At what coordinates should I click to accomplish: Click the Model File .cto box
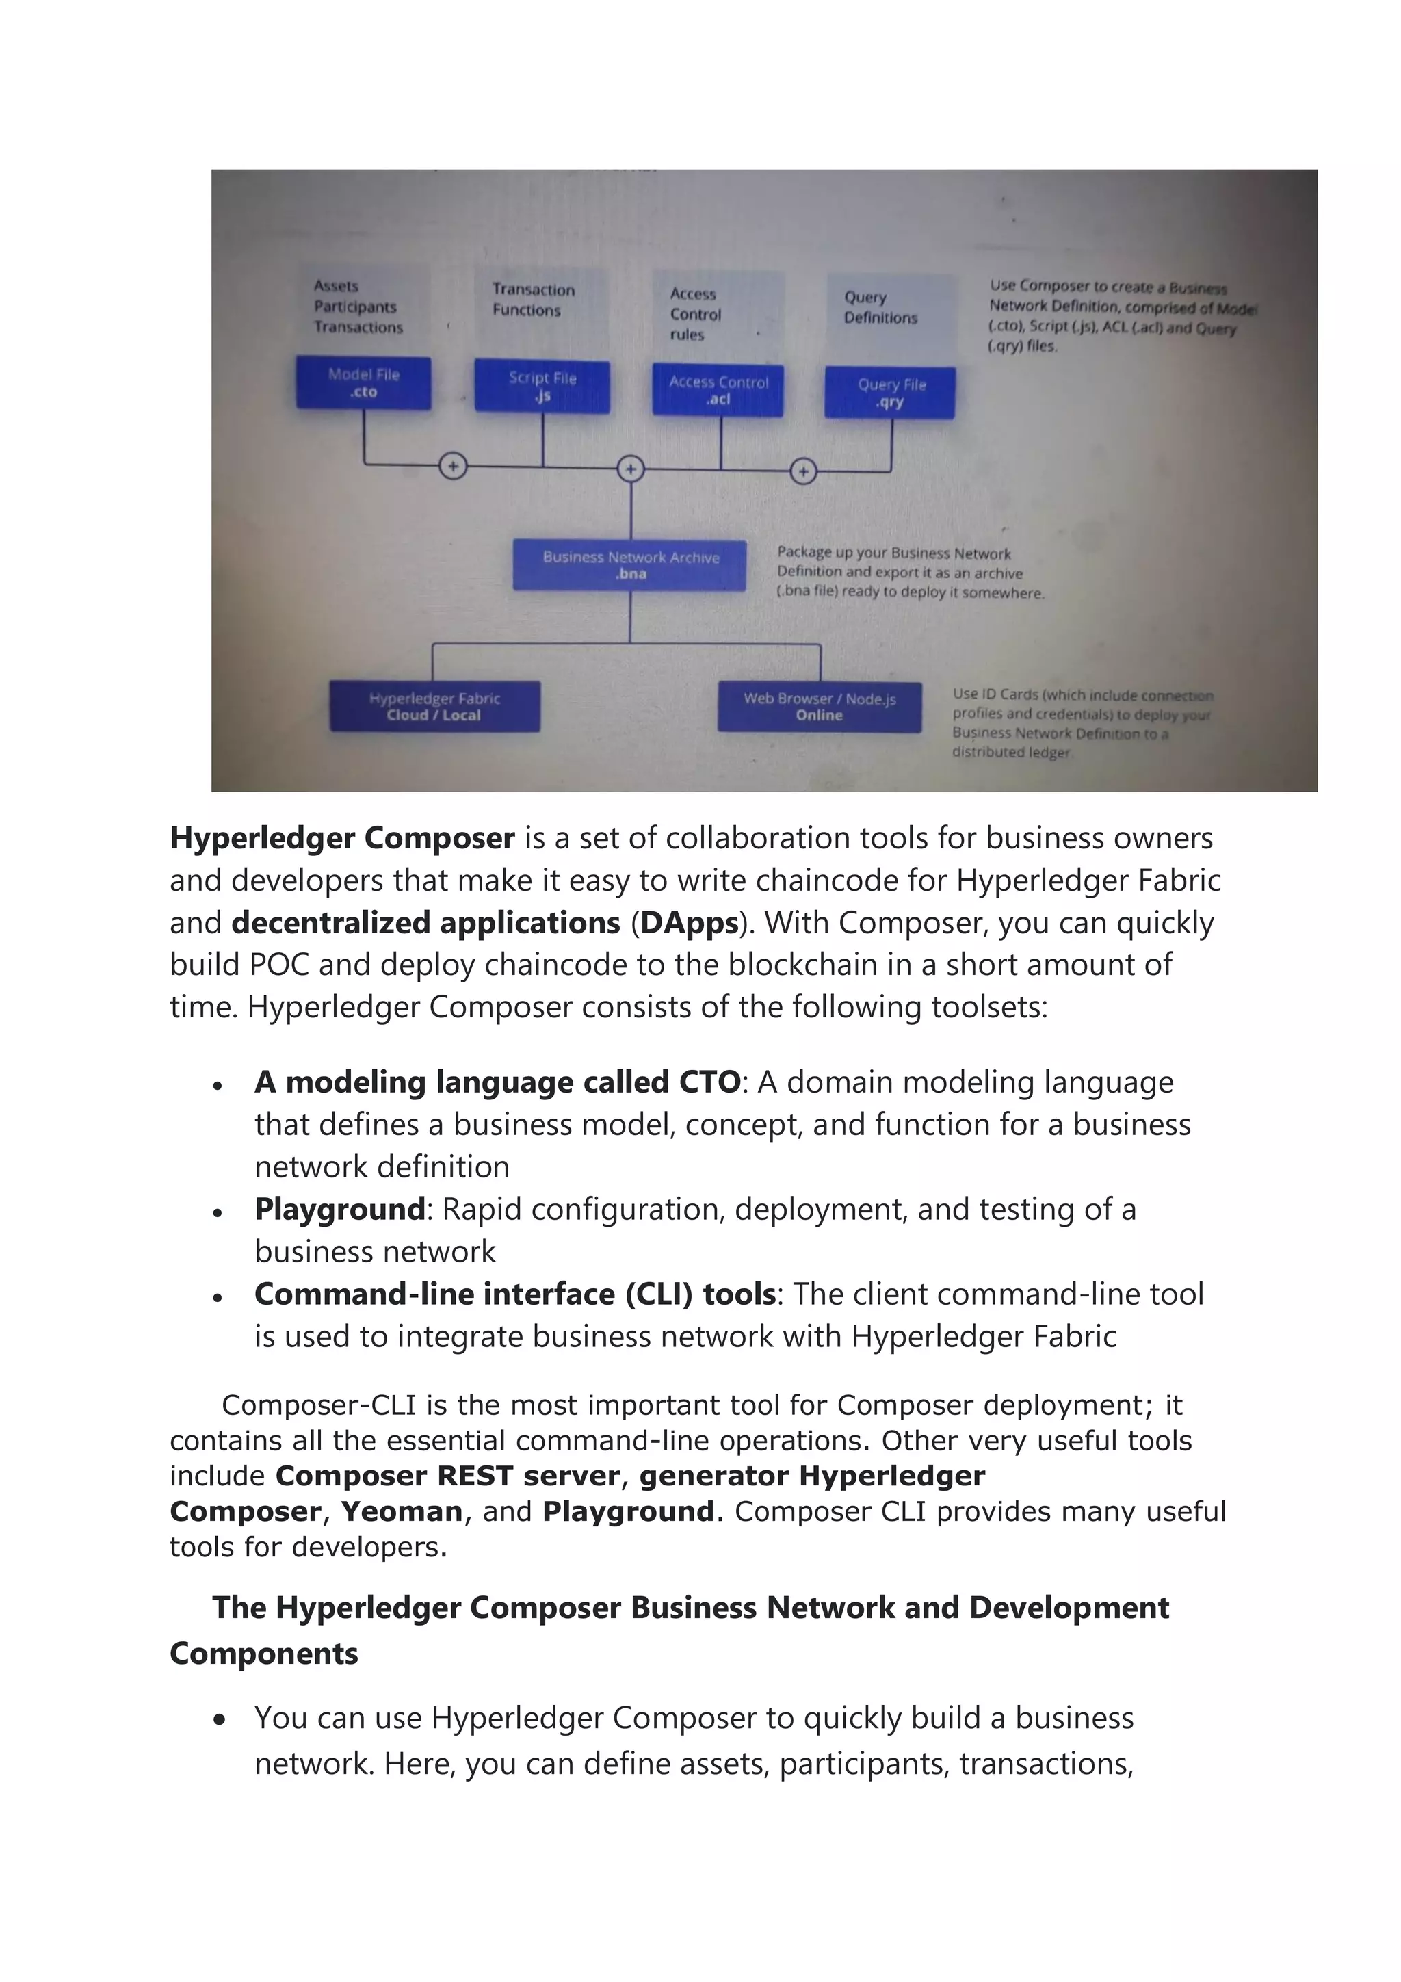[363, 382]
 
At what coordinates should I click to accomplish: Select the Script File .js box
[542, 387]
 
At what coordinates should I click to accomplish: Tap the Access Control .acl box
[718, 390]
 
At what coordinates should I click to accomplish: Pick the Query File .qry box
[890, 393]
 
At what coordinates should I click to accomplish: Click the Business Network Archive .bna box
[630, 565]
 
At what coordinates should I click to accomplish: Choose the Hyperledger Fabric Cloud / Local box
[434, 706]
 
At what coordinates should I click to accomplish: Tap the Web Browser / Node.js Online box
[820, 706]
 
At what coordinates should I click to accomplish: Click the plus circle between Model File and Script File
[453, 466]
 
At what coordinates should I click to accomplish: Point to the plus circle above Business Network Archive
[631, 469]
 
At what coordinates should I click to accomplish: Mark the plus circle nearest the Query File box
[804, 471]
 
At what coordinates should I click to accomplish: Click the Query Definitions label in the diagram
[880, 307]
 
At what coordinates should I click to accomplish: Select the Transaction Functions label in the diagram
[533, 300]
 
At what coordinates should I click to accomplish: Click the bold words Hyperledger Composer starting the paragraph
[342, 838]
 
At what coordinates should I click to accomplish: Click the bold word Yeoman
[402, 1511]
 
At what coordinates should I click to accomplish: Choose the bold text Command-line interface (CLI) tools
[514, 1294]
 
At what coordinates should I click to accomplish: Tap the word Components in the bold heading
[263, 1653]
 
